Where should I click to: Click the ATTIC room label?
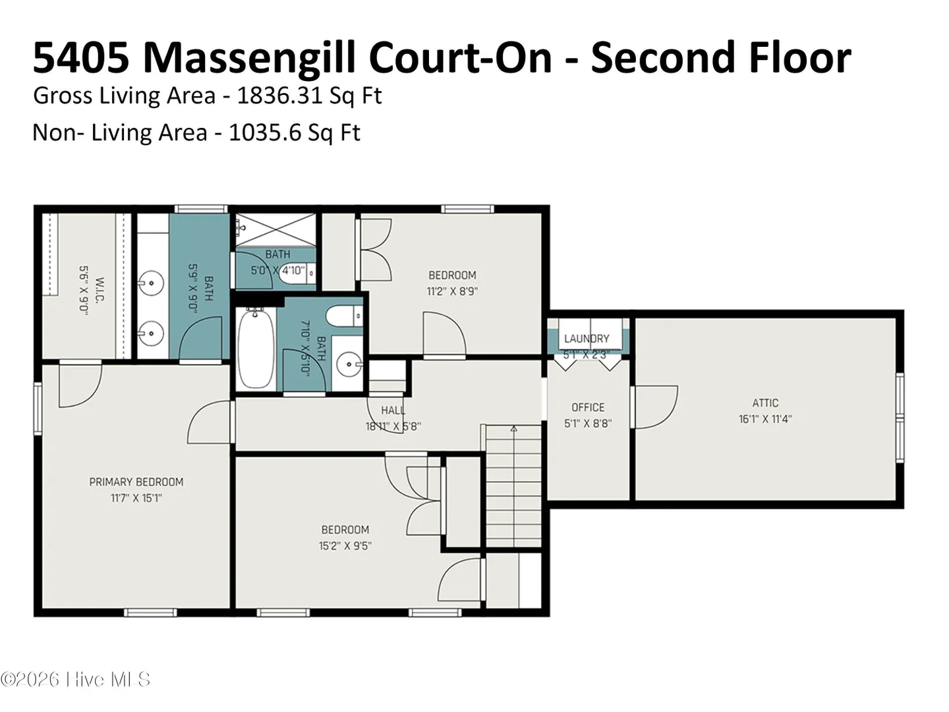pos(765,403)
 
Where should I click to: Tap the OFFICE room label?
pos(588,407)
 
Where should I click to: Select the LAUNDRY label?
pos(587,338)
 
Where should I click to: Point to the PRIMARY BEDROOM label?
pos(136,481)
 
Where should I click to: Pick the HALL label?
pos(393,410)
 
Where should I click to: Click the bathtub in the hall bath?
pos(256,349)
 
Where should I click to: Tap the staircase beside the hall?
pos(513,487)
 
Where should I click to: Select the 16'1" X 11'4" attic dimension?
pos(765,419)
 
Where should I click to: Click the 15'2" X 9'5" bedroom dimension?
pos(345,546)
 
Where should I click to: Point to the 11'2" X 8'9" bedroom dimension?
pos(452,291)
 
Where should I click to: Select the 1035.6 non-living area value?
pos(264,132)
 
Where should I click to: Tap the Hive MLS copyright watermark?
pos(75,680)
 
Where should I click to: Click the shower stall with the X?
pos(275,230)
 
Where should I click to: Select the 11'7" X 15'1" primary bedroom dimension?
pos(136,498)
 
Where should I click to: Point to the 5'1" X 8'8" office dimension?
pos(588,424)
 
